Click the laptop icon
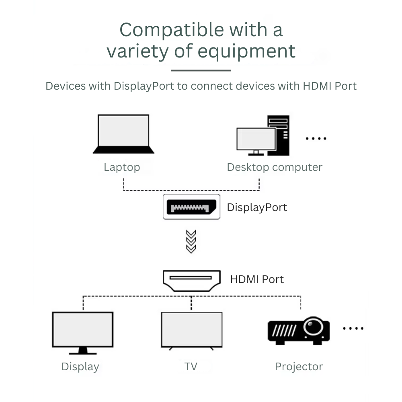point(123,134)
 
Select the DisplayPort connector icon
point(191,207)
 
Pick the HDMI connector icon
point(191,280)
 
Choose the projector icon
point(298,330)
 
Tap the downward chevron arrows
point(191,242)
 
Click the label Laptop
point(122,167)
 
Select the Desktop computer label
point(275,167)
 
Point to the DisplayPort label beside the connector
point(257,207)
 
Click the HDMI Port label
point(257,279)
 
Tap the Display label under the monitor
point(80,367)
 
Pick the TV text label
point(191,367)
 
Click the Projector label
point(299,367)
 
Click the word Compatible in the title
point(172,30)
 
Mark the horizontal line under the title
point(201,70)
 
